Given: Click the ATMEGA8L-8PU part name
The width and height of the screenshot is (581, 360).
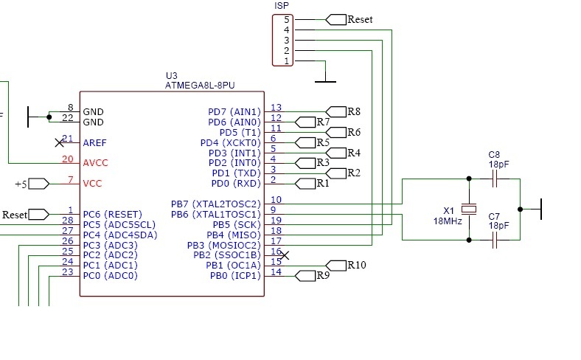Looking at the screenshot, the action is click(200, 86).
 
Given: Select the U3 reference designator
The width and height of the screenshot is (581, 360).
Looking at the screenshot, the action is click(172, 76).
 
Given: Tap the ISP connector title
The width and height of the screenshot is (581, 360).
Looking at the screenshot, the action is click(282, 6).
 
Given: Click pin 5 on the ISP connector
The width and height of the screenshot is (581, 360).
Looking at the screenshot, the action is click(286, 19).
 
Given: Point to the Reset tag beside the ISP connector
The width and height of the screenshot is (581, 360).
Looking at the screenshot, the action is click(349, 20).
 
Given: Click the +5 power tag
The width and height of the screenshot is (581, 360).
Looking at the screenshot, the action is click(32, 184).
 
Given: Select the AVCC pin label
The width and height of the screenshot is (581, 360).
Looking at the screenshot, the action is click(95, 163).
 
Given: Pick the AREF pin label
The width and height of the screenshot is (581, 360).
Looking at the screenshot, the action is click(94, 142).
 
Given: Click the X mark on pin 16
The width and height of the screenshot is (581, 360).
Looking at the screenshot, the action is click(285, 255).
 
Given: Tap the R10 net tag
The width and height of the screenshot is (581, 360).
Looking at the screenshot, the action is click(346, 266).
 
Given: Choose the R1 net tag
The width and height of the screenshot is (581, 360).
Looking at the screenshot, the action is click(312, 184).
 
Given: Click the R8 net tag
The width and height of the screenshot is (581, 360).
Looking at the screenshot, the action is click(343, 111).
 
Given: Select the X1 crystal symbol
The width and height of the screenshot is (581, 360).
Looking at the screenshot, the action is click(469, 209).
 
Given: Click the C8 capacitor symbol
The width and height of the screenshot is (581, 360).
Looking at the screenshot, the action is click(495, 179).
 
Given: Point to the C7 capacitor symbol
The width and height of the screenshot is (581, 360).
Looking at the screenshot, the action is click(495, 240).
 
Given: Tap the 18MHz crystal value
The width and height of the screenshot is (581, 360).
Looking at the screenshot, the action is click(448, 221).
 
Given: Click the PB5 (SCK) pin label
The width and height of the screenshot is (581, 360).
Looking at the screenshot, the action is click(237, 225).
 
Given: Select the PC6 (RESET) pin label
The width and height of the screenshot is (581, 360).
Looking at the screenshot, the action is click(112, 215).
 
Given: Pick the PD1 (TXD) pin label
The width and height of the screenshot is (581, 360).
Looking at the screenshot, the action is click(237, 173).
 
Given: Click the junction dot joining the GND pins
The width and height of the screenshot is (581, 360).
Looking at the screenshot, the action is click(49, 117).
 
